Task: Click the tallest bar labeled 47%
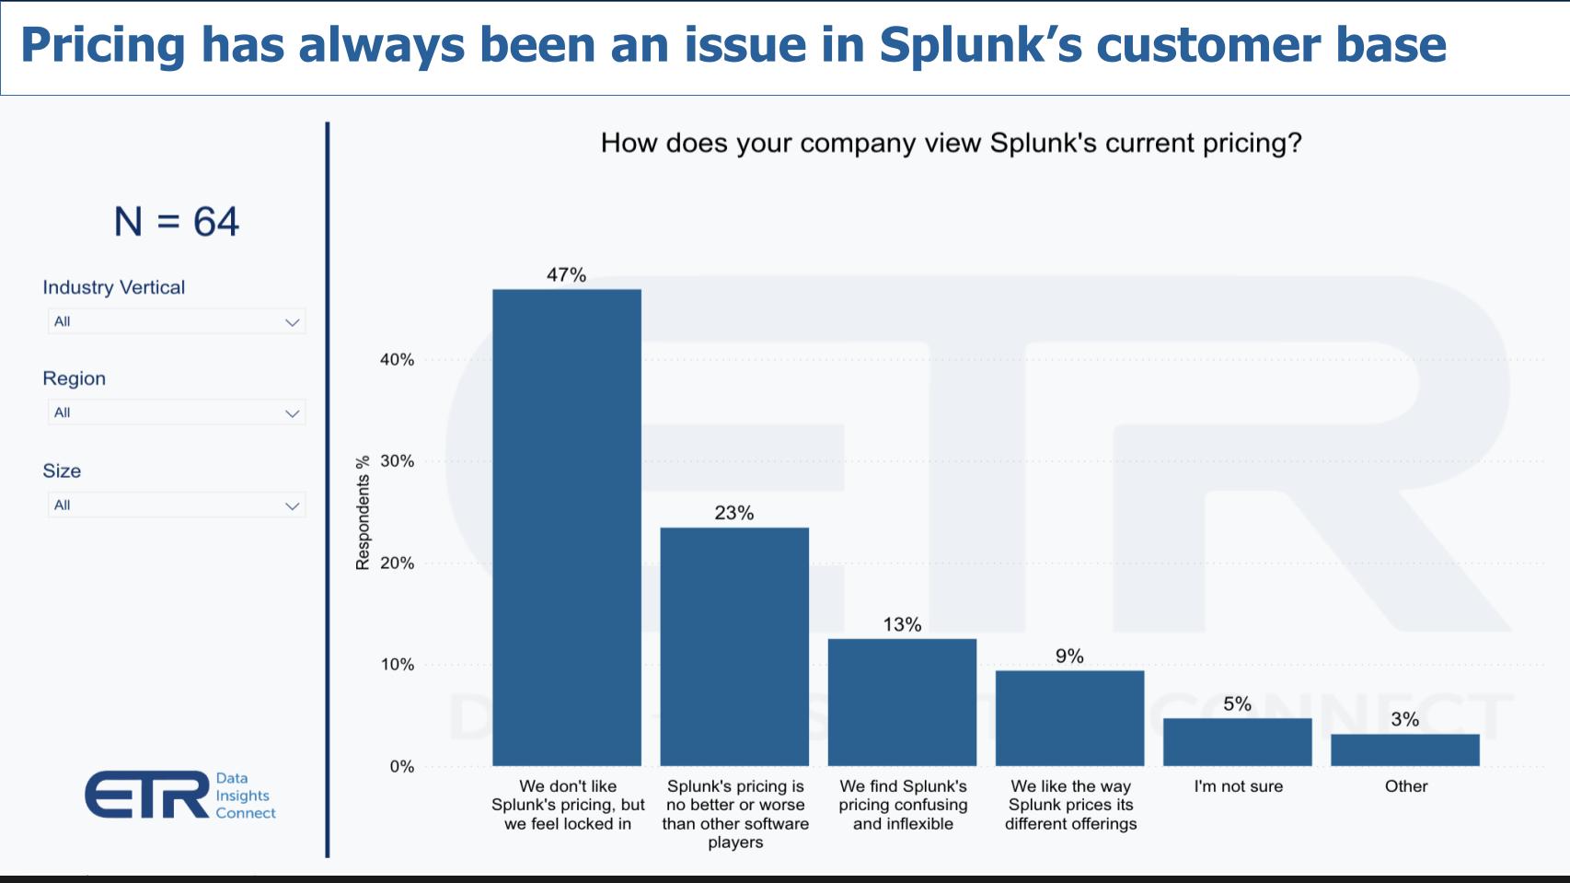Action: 567,527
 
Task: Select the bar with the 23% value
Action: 734,646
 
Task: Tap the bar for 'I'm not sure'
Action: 1237,742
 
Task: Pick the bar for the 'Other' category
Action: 1405,749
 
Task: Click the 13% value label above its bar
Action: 902,624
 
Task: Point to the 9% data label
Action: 1069,656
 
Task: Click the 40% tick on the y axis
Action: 397,360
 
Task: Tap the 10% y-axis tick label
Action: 397,665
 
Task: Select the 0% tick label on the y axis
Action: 401,766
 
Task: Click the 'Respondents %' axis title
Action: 363,512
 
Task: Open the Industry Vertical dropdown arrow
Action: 292,322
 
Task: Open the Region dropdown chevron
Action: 292,413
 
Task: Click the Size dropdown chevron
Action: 292,505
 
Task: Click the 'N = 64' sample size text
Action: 177,222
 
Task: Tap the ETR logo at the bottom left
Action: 147,795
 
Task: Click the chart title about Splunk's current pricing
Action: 951,144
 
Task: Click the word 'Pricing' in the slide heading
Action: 102,44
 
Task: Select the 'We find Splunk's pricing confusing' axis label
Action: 903,805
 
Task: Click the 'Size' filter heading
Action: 62,471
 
